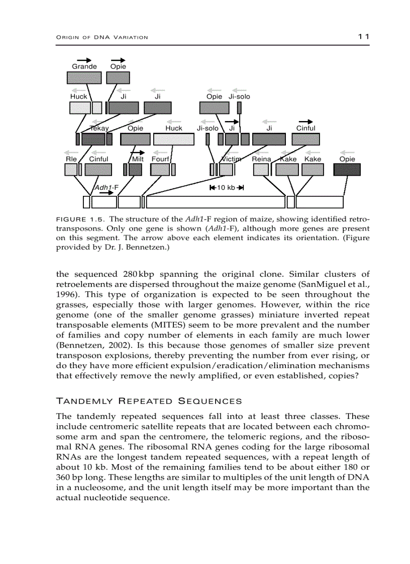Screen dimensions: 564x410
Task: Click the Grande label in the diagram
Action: point(84,66)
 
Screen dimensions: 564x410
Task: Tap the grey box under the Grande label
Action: point(84,77)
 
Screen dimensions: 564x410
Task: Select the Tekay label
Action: point(99,128)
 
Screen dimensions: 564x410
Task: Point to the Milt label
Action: point(138,159)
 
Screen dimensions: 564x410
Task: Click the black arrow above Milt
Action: point(137,152)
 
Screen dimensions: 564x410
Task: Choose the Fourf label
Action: point(160,159)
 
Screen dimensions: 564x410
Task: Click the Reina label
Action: point(261,159)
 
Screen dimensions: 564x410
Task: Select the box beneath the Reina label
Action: point(261,170)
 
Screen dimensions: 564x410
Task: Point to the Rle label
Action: point(71,159)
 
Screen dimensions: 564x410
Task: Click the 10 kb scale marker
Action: point(226,188)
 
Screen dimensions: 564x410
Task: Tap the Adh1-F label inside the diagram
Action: point(107,187)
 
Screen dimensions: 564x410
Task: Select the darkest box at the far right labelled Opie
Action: point(347,170)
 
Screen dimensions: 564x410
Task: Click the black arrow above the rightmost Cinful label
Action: point(305,122)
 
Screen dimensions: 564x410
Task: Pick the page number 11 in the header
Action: point(364,37)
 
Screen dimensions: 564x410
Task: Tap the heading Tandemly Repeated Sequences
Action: point(149,401)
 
